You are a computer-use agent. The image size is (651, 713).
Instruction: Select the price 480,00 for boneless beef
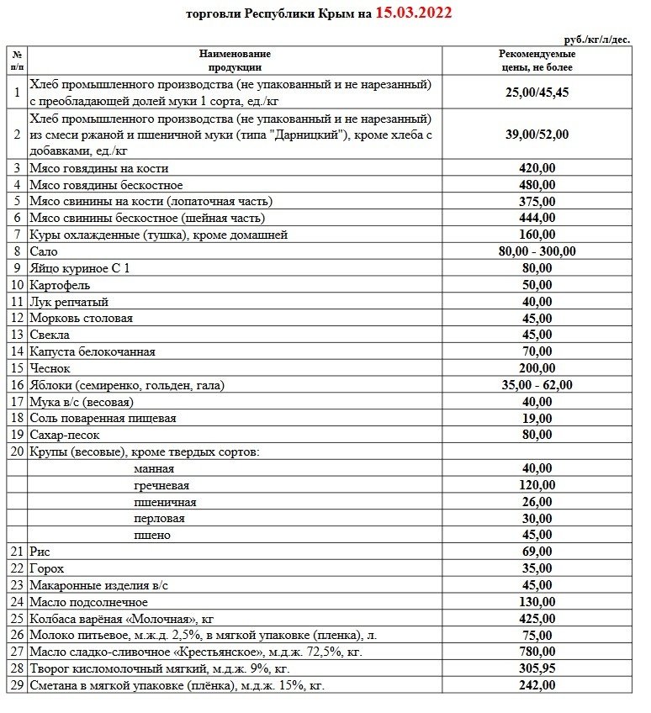[537, 185]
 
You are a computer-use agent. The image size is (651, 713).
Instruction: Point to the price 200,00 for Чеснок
[537, 368]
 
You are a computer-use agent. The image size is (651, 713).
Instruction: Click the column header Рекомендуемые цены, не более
[537, 60]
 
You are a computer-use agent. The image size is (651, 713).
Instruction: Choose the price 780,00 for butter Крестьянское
[537, 652]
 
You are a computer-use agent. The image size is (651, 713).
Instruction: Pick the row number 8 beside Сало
[17, 251]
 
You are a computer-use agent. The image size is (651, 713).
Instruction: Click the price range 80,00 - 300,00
[537, 251]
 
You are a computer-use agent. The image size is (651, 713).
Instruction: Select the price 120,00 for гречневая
[537, 485]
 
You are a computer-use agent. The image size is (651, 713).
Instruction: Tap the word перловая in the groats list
[159, 518]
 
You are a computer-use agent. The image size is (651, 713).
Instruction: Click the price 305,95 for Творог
[537, 668]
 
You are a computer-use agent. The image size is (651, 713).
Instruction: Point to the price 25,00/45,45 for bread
[537, 92]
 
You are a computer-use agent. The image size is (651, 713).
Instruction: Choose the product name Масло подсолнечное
[88, 602]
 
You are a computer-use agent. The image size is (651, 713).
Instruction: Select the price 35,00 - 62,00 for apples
[537, 385]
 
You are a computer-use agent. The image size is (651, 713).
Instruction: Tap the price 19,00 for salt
[537, 418]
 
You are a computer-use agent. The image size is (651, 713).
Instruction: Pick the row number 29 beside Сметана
[17, 685]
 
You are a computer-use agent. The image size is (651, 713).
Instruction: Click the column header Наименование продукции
[235, 60]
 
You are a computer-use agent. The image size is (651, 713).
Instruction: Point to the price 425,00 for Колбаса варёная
[537, 619]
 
